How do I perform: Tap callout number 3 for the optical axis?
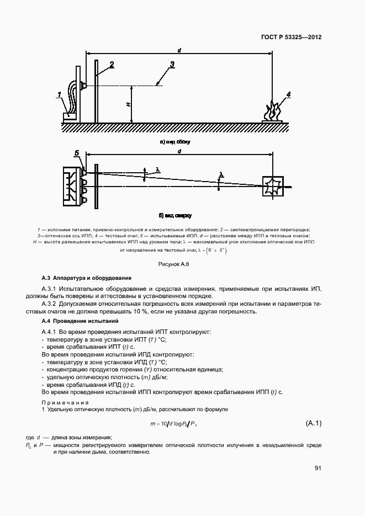click(x=172, y=65)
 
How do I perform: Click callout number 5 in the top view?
click(x=77, y=152)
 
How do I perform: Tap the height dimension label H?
click(x=128, y=104)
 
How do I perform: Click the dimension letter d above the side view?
click(x=179, y=50)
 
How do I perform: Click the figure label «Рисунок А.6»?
click(x=173, y=265)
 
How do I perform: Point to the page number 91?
click(x=318, y=468)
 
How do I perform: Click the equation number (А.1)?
click(x=313, y=423)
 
